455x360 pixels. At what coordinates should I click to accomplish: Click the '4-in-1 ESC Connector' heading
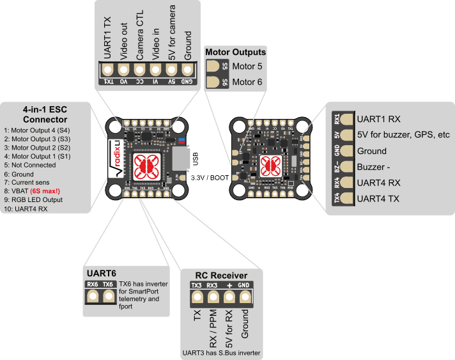[x=45, y=114]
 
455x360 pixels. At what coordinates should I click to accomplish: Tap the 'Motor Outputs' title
[x=235, y=52]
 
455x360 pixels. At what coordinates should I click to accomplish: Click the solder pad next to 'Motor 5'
[x=214, y=66]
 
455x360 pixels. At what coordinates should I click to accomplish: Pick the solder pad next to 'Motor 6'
[x=214, y=82]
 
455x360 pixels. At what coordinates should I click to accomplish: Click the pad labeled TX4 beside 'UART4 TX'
[x=346, y=199]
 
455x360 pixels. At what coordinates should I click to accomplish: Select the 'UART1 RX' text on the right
[x=379, y=119]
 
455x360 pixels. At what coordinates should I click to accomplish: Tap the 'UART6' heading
[x=100, y=273]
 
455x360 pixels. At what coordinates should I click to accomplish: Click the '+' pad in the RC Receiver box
[x=228, y=297]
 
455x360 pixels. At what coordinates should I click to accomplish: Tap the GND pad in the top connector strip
[x=187, y=69]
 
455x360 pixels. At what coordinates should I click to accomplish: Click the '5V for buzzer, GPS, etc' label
[x=404, y=135]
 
